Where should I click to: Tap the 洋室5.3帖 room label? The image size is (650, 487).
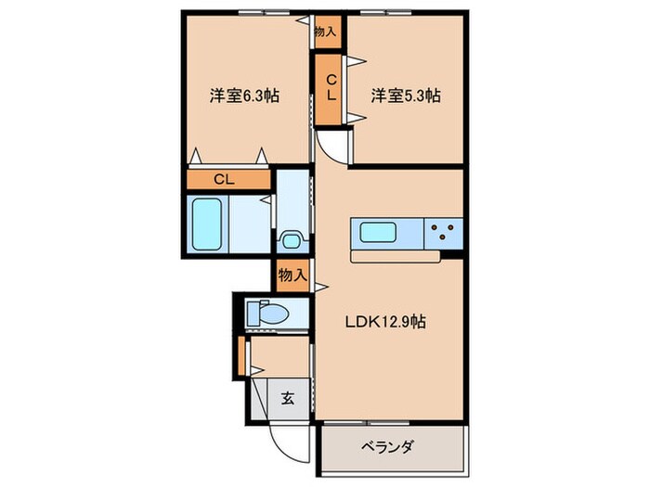(405, 95)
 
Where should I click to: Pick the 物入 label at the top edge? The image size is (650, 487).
(326, 31)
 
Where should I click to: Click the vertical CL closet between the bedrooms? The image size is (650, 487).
(329, 89)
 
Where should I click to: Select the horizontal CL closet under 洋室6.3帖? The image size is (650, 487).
(225, 180)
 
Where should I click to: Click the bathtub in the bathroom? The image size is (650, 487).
(206, 224)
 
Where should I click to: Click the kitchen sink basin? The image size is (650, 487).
(383, 233)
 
